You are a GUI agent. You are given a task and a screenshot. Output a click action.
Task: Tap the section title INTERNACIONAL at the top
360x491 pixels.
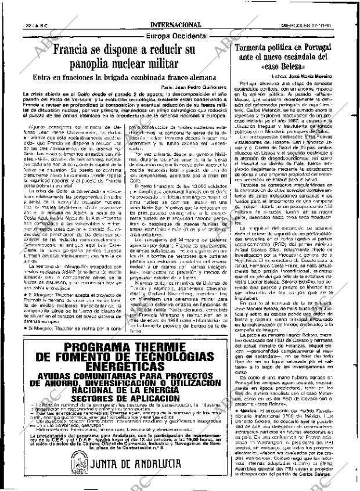[x=177, y=9]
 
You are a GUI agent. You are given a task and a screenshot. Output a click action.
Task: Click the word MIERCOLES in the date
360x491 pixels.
[x=312, y=9]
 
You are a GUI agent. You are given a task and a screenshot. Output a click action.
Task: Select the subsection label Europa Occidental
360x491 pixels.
[x=177, y=35]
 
